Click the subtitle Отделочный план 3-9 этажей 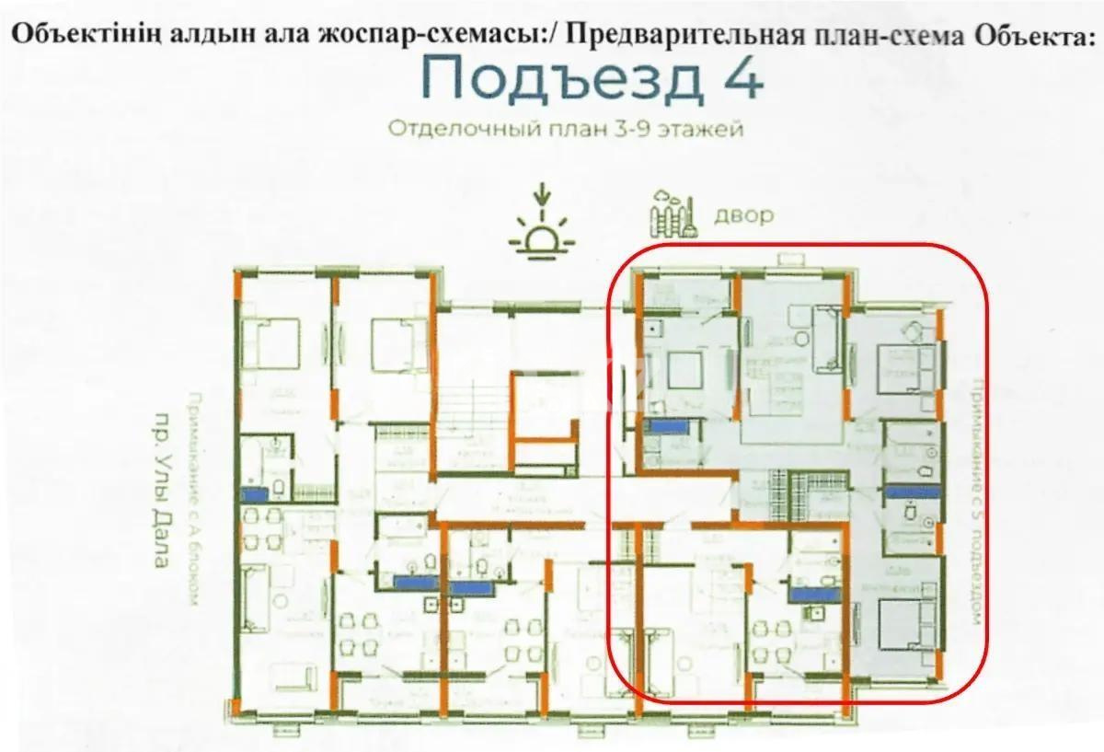pyautogui.click(x=565, y=129)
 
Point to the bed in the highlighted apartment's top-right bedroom pyautogui.click(x=907, y=366)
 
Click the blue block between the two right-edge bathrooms pyautogui.click(x=914, y=492)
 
